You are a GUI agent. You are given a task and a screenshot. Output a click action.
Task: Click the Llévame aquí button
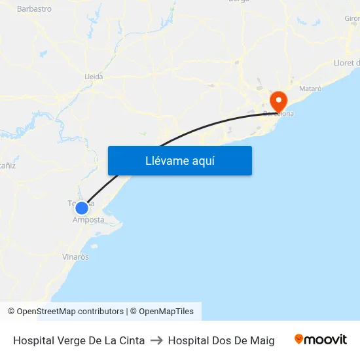click(179, 160)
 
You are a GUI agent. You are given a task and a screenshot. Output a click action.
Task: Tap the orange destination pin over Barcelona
click(279, 101)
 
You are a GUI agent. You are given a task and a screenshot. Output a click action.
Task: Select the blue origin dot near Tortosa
click(82, 208)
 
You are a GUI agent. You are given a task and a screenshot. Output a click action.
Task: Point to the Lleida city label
click(94, 77)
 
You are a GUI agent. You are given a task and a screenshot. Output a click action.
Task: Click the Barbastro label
click(34, 9)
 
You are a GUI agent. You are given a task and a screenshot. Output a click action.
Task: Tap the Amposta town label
click(88, 220)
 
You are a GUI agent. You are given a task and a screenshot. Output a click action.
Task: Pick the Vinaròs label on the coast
click(75, 257)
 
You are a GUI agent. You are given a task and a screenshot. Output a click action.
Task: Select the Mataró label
click(310, 88)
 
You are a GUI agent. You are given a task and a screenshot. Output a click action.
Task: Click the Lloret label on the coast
click(346, 63)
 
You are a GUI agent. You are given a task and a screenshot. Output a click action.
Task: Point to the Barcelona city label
click(279, 114)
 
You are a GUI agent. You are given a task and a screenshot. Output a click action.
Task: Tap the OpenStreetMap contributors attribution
click(70, 312)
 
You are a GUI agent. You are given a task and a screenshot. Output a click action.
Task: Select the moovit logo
click(321, 339)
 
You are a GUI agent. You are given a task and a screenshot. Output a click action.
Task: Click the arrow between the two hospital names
click(156, 340)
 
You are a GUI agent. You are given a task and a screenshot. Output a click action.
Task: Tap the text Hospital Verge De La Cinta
click(79, 340)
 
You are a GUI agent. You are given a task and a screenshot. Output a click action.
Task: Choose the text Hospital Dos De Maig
click(221, 340)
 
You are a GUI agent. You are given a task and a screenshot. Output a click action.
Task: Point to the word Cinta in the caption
click(131, 340)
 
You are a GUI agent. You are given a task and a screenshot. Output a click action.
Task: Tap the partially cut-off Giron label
click(351, 18)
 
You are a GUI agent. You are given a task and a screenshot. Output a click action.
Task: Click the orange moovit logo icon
click(299, 339)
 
